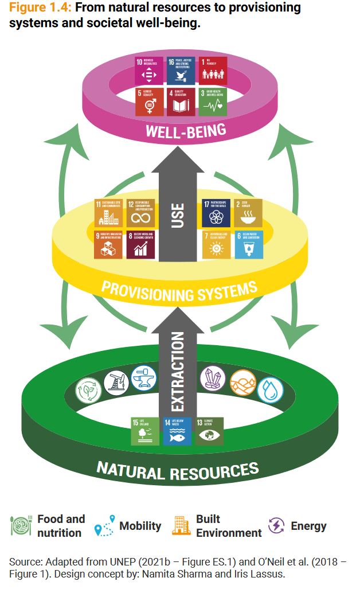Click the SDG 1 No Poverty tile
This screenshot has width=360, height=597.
[x=213, y=69]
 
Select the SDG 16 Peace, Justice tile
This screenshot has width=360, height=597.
[x=181, y=69]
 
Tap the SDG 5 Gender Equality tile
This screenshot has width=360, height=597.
[x=149, y=102]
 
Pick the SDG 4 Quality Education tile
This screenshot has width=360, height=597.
[x=181, y=102]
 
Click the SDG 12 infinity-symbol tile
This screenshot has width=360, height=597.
[x=140, y=212]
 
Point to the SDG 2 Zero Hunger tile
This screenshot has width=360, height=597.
[x=249, y=212]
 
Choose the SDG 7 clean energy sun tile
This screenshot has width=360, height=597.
[x=216, y=244]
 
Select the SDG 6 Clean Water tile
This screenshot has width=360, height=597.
[x=249, y=244]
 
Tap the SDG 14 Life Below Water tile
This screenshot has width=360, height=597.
[x=177, y=431]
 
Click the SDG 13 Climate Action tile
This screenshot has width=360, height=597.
[x=209, y=431]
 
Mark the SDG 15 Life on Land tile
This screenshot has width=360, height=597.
[x=144, y=431]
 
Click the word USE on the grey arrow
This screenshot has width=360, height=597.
[x=178, y=216]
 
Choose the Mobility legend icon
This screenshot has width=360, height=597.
[x=104, y=526]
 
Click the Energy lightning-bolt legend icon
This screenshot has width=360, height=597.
[x=276, y=526]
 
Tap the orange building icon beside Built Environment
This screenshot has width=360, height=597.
[x=181, y=526]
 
